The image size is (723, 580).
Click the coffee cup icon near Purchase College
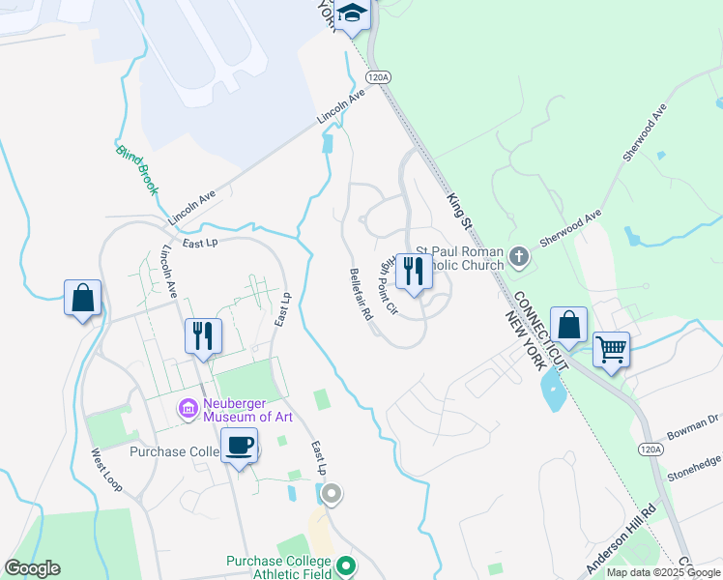click(x=239, y=447)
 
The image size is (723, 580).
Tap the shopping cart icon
click(x=611, y=348)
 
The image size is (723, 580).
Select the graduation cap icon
click(x=353, y=15)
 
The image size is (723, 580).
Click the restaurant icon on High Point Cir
click(x=414, y=271)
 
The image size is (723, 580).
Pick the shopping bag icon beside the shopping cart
click(x=569, y=326)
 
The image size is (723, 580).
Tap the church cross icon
click(x=520, y=257)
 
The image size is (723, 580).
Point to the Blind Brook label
click(x=135, y=169)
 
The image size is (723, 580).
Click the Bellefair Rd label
click(x=361, y=294)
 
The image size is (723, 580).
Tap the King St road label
click(x=457, y=211)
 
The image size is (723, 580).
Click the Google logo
click(x=32, y=568)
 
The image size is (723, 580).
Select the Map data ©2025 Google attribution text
click(x=663, y=572)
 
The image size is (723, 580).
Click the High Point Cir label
click(x=385, y=287)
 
